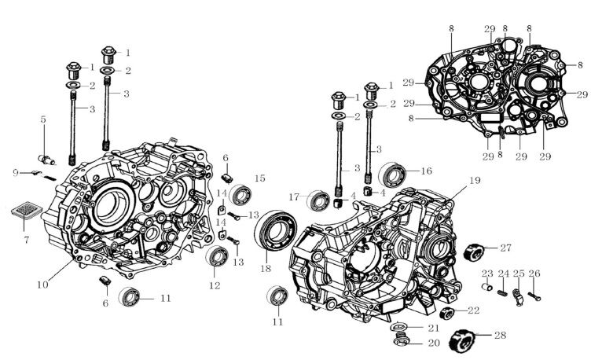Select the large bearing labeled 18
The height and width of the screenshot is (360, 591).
click(x=276, y=230)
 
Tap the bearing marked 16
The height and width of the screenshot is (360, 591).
click(x=392, y=174)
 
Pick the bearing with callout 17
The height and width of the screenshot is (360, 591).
click(x=319, y=200)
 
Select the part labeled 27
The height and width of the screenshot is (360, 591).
click(x=473, y=252)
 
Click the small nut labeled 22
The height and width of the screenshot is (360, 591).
click(x=446, y=313)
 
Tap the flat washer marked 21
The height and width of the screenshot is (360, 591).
click(x=401, y=325)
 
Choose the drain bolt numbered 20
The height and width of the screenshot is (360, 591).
click(x=402, y=339)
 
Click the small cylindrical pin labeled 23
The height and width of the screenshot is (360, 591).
click(x=487, y=287)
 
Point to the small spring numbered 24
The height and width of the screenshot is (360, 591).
click(x=502, y=292)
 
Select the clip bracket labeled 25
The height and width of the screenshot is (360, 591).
click(x=519, y=296)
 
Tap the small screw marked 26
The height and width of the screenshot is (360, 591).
click(x=534, y=296)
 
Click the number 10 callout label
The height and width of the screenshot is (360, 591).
click(x=42, y=285)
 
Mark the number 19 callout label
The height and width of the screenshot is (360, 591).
click(x=475, y=181)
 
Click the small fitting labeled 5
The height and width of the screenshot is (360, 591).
click(x=47, y=160)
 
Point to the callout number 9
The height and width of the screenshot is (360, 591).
click(x=16, y=173)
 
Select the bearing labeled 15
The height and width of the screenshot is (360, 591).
click(x=240, y=194)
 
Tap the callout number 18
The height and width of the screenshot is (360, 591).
click(x=266, y=268)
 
